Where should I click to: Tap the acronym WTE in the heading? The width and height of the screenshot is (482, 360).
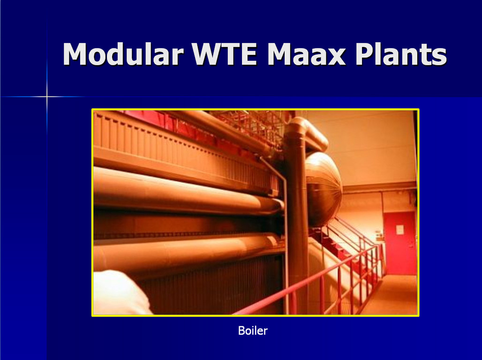click(225, 54)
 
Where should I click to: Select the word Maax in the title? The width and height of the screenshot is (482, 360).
click(307, 54)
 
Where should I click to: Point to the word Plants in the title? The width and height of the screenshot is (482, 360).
click(401, 54)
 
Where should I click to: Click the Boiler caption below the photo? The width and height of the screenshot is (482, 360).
click(253, 331)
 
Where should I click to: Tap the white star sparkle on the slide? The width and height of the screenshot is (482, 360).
click(47, 97)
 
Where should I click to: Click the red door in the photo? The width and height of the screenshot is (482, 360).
click(399, 243)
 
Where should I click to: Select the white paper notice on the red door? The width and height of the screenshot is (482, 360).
click(399, 230)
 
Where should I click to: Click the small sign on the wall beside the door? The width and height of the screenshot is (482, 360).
click(379, 237)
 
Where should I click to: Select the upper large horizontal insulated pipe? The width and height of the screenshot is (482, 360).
click(188, 191)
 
